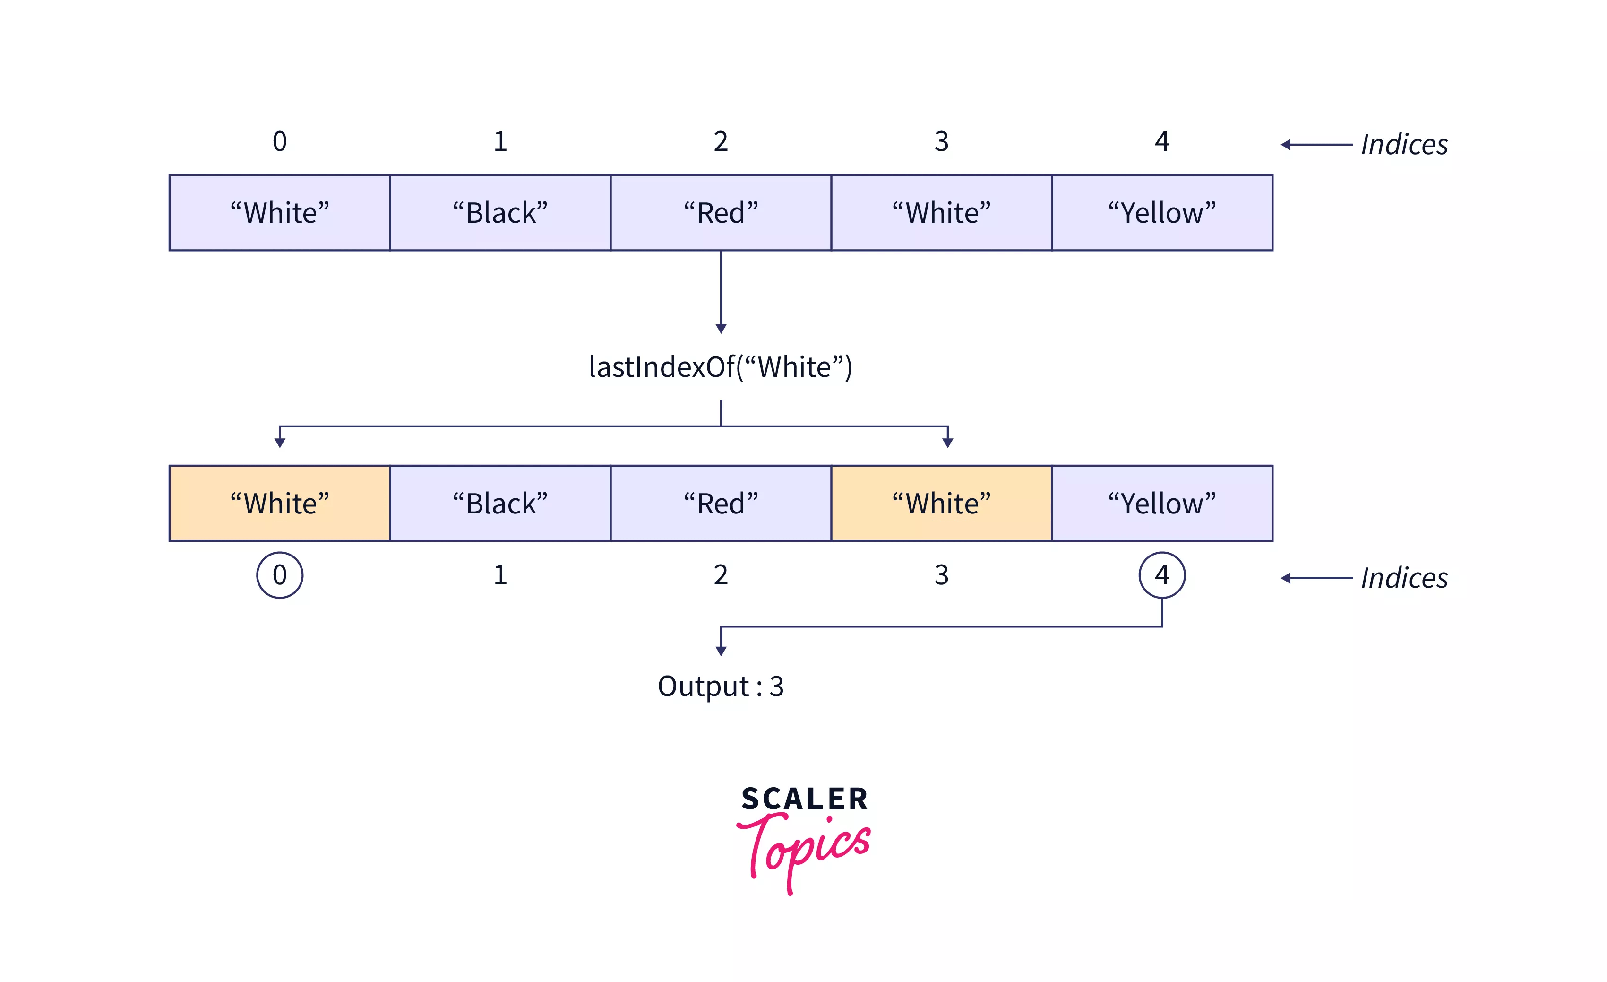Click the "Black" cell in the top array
(x=500, y=213)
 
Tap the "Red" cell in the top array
(x=721, y=213)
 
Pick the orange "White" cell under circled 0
(x=280, y=503)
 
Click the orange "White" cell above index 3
(x=941, y=503)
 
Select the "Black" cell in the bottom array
(x=500, y=503)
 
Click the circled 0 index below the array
(x=280, y=575)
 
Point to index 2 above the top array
(x=721, y=141)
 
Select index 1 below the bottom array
(x=500, y=575)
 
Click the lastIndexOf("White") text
(x=721, y=367)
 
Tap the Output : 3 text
(x=721, y=687)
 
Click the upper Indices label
(x=1404, y=145)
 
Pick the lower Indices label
(x=1404, y=578)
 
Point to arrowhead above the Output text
(x=721, y=651)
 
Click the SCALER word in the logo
(x=804, y=799)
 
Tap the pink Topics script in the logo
(x=806, y=848)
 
